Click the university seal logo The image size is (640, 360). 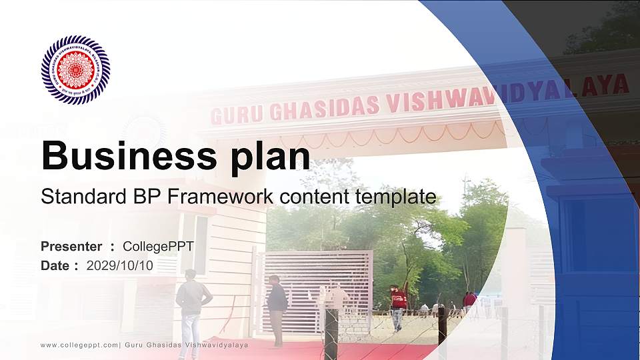[75, 70]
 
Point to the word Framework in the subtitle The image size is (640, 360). [222, 197]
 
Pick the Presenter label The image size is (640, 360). [71, 247]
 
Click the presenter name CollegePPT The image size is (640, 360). [158, 247]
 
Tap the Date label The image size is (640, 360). [55, 266]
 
